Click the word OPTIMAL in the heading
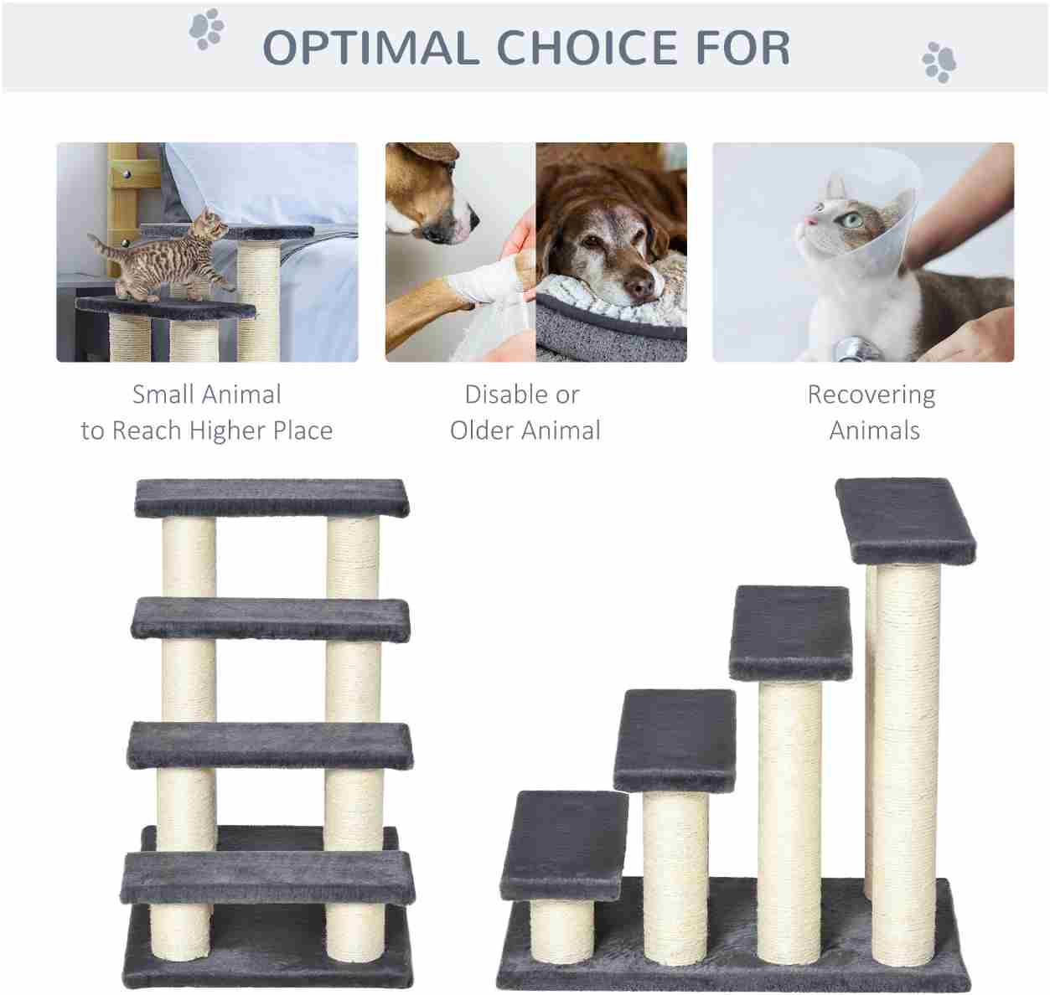tap(370, 48)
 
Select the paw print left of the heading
tap(207, 28)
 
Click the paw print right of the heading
tap(939, 62)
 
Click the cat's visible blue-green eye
tap(852, 220)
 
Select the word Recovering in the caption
tap(871, 395)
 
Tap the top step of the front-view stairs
tap(272, 498)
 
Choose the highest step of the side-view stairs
tap(906, 521)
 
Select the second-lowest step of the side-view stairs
tap(675, 740)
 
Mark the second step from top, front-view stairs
tap(271, 620)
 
